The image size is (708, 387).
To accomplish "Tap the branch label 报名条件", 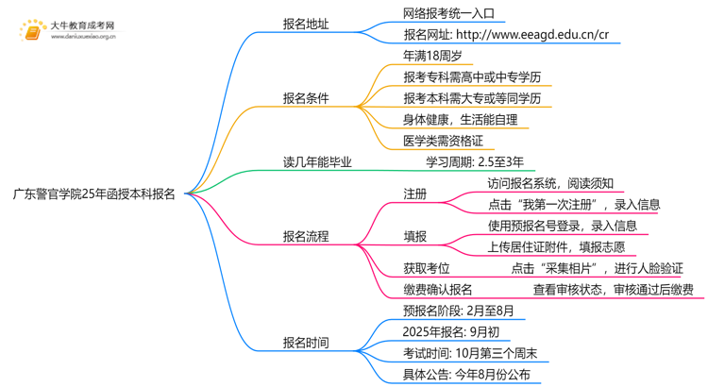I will (x=306, y=97).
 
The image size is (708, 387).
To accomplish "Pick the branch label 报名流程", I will (x=306, y=236).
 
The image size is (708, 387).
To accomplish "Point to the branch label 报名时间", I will (x=306, y=343).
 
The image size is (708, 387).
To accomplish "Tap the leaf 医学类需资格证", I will (x=443, y=141).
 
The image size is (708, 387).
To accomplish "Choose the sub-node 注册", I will (x=414, y=193).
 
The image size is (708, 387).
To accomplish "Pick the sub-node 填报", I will (x=414, y=236).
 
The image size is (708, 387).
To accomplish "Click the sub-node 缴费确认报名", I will (x=437, y=290).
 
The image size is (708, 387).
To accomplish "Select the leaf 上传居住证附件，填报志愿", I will (x=556, y=247).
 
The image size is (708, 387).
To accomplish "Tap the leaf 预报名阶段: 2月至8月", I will (x=458, y=311).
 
